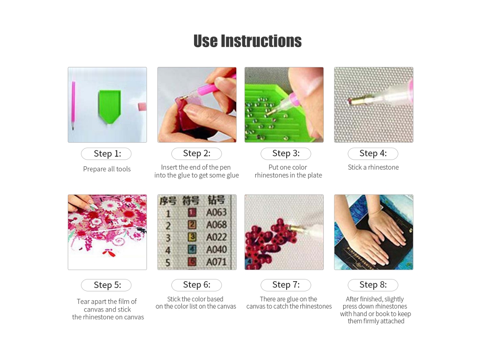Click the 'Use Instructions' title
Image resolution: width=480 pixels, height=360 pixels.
247,41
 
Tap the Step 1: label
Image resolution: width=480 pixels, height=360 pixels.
107,154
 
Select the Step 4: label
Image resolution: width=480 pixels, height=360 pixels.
373,153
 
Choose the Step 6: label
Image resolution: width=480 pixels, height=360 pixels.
197,285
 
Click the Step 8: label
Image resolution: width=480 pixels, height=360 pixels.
373,285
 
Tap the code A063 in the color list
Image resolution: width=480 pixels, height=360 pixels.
216,212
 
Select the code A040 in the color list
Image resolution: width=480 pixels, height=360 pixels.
216,250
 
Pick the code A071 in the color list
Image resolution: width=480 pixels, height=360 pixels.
216,262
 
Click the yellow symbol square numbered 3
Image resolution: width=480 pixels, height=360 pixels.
192,237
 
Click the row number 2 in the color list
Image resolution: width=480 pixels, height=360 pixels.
168,226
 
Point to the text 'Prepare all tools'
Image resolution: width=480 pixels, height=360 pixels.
107,169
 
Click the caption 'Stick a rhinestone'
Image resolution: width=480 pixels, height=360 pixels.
373,167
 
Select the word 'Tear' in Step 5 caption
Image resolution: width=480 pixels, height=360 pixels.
83,301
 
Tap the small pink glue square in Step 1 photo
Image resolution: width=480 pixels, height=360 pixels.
142,107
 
